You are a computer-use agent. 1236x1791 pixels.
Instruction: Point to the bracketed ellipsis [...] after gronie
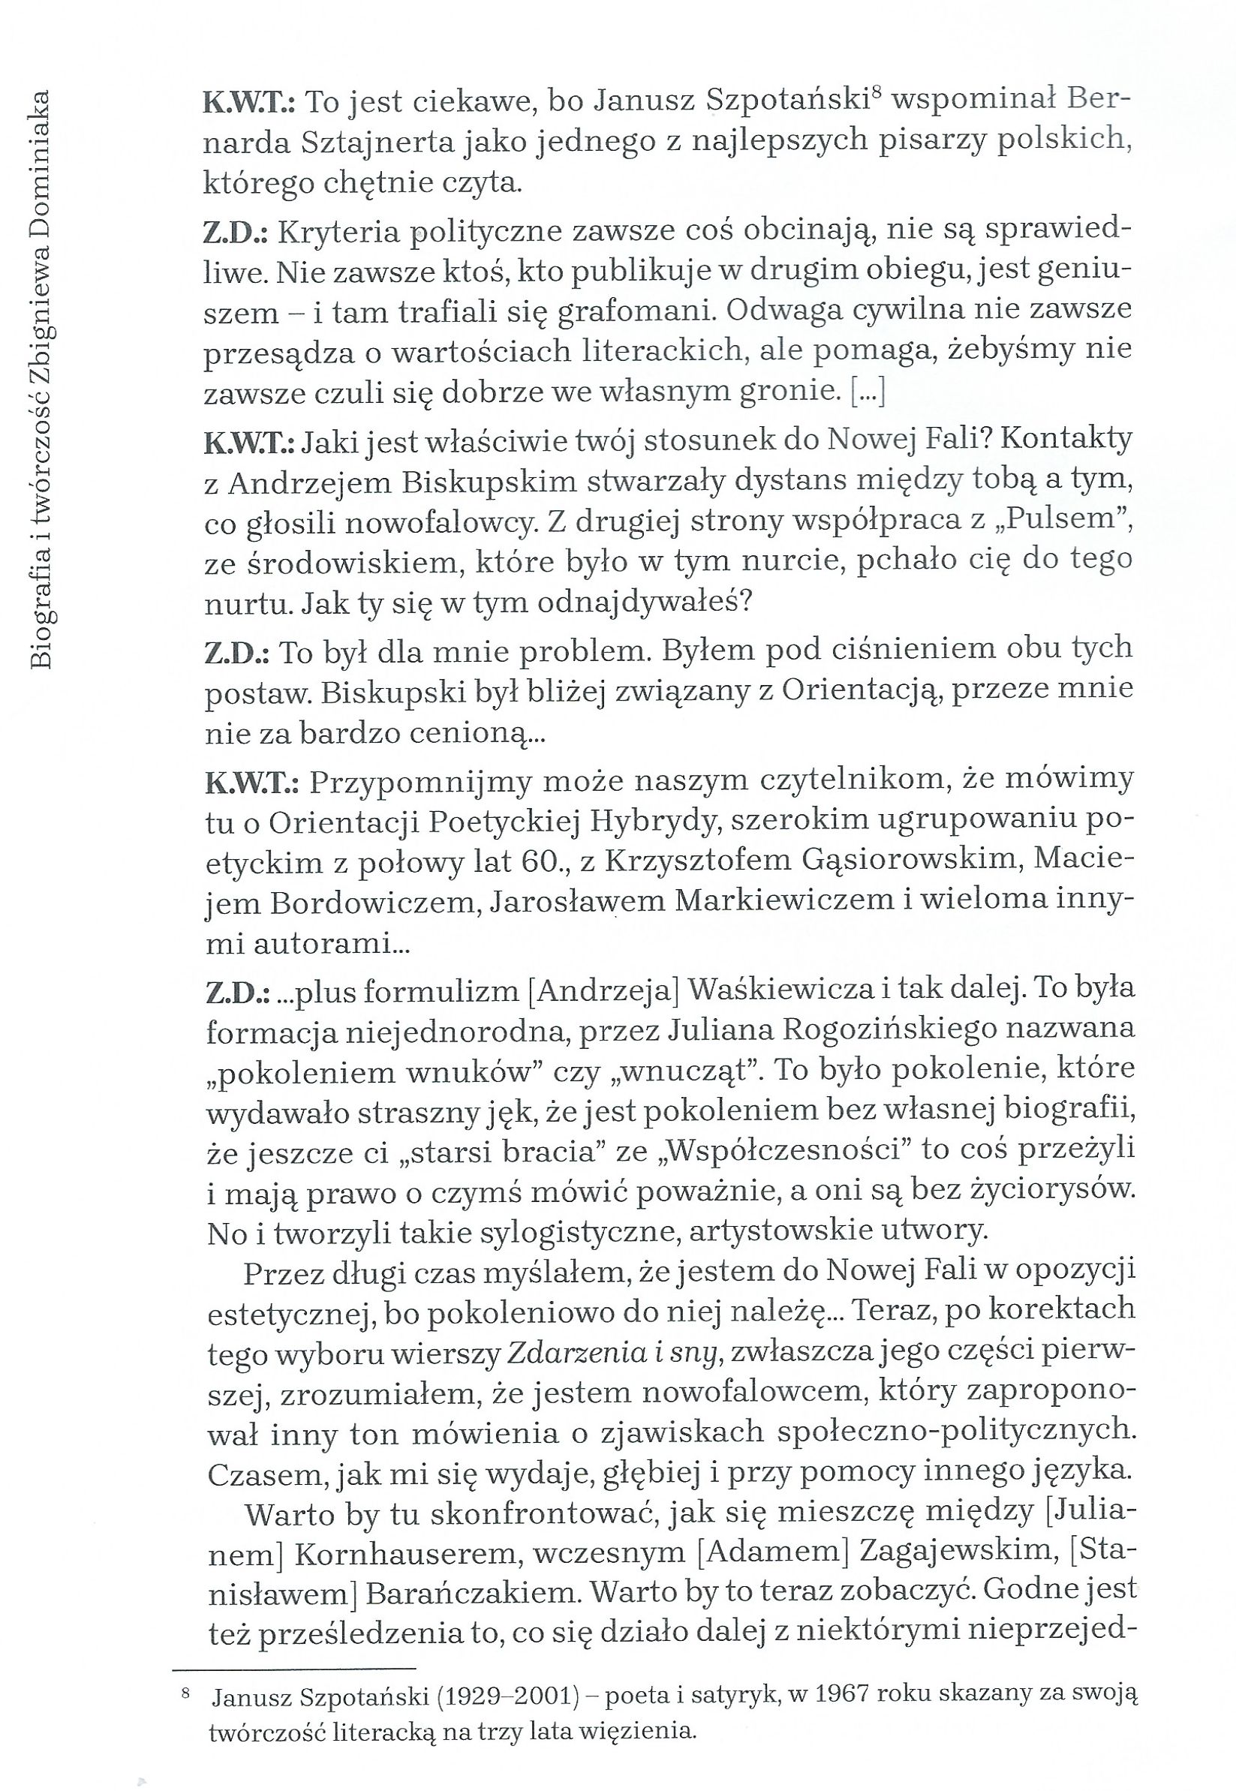[x=868, y=393]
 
